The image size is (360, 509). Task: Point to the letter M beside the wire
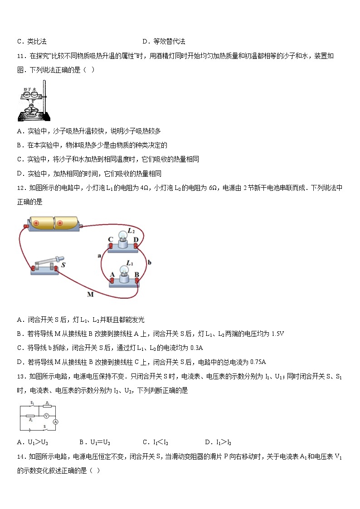[x=90, y=294]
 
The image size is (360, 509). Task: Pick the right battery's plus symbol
[x=59, y=223]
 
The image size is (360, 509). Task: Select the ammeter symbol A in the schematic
[x=55, y=421]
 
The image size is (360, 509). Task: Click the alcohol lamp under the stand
[x=32, y=111]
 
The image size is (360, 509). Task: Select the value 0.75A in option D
[x=257, y=362]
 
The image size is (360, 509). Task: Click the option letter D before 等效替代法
[x=145, y=42]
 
